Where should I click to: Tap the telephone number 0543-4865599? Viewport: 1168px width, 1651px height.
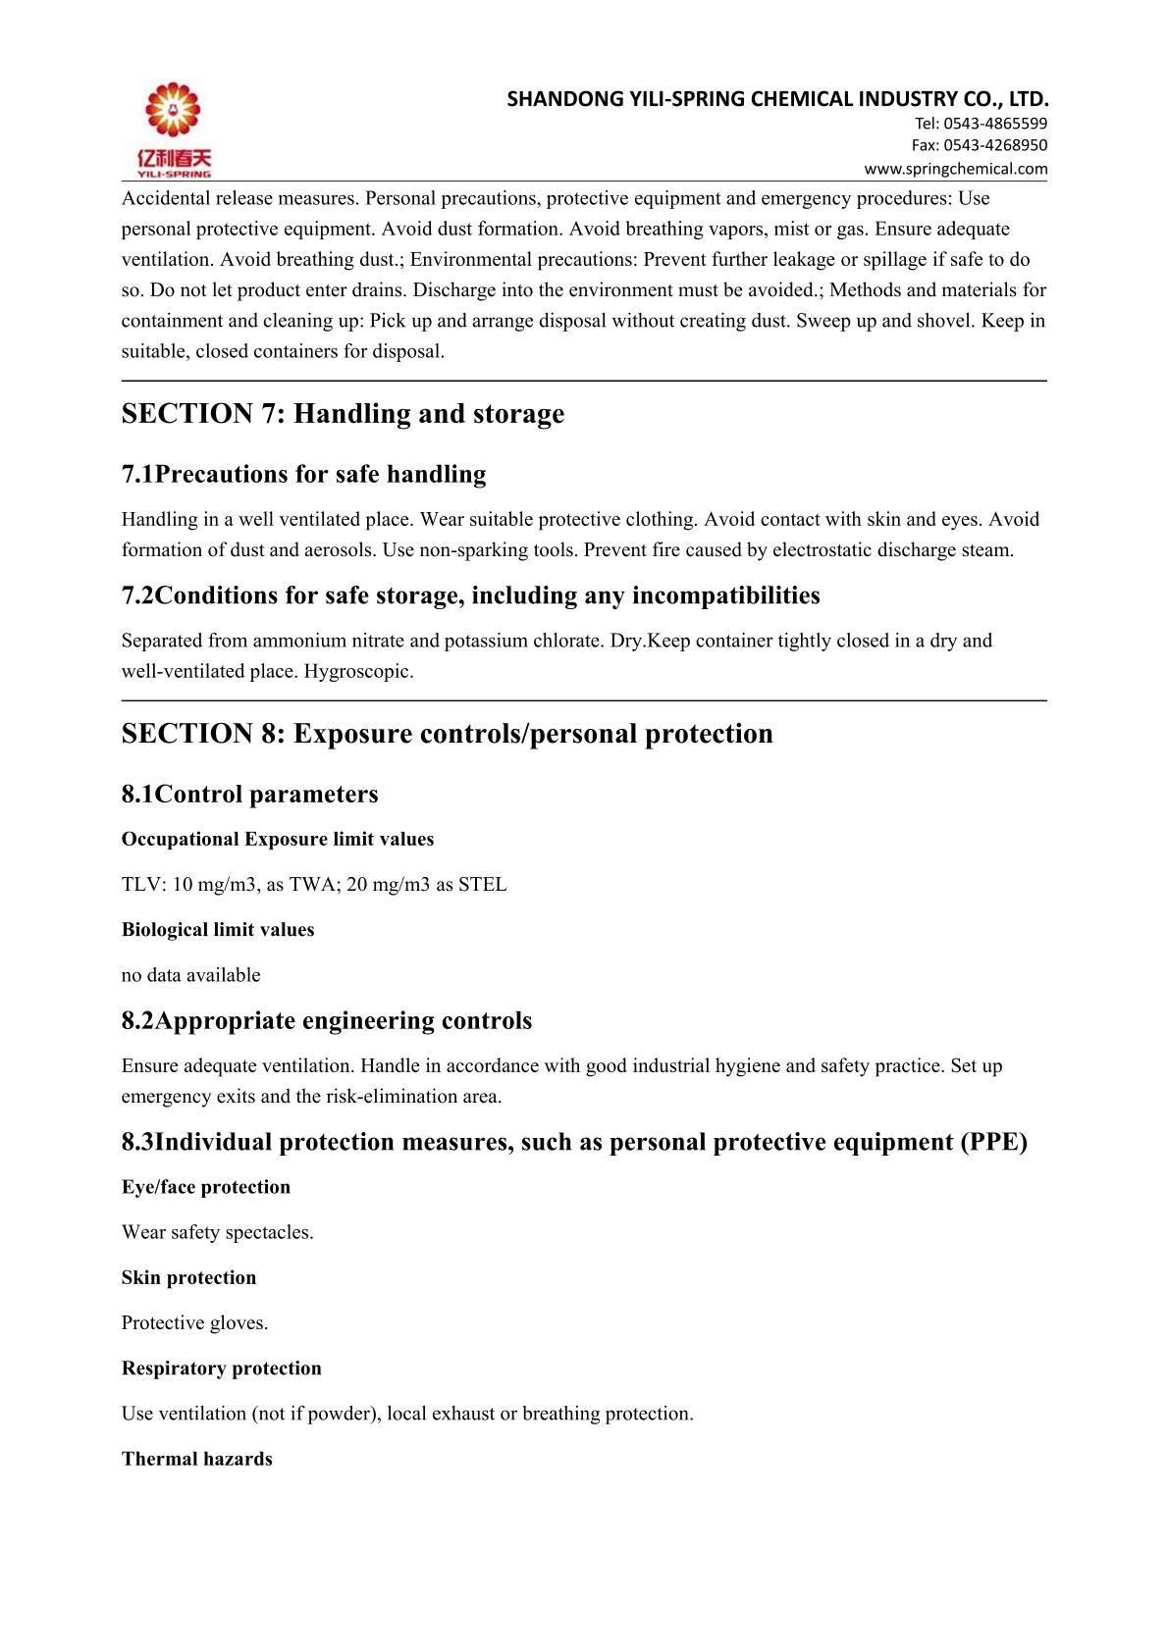[x=995, y=124]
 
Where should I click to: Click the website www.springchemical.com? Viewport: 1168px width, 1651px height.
[x=955, y=169]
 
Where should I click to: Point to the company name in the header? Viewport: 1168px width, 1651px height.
[x=777, y=98]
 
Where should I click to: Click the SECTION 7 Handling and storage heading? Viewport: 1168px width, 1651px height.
[x=343, y=414]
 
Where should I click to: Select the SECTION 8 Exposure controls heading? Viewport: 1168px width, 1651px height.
[x=447, y=734]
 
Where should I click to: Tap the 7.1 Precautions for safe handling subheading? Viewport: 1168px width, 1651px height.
[x=303, y=475]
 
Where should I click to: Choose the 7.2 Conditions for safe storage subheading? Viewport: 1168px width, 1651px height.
[x=470, y=595]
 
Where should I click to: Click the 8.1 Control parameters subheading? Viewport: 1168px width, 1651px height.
[x=249, y=794]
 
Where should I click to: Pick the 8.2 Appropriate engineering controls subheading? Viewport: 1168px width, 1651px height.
[x=326, y=1020]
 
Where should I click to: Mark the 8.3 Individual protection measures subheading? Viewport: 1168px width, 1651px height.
[x=574, y=1142]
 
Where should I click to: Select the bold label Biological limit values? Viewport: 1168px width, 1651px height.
[x=218, y=930]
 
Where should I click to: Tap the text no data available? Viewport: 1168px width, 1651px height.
[x=190, y=975]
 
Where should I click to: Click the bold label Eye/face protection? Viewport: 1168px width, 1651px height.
[x=206, y=1187]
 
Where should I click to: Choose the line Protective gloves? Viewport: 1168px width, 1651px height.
[x=194, y=1323]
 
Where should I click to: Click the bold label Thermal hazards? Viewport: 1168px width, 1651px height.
[x=196, y=1459]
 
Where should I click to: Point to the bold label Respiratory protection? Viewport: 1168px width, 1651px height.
[x=221, y=1368]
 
